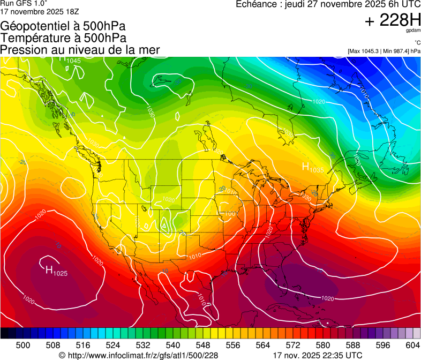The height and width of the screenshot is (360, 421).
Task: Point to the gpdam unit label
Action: click(412, 31)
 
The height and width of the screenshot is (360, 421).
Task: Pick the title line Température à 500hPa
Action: click(63, 38)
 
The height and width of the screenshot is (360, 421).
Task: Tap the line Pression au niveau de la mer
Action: click(80, 50)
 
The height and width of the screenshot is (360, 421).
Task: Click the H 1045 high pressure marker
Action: click(70, 60)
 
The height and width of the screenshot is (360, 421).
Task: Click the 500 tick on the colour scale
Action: click(22, 345)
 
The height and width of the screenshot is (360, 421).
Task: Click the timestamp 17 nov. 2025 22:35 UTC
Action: click(318, 355)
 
